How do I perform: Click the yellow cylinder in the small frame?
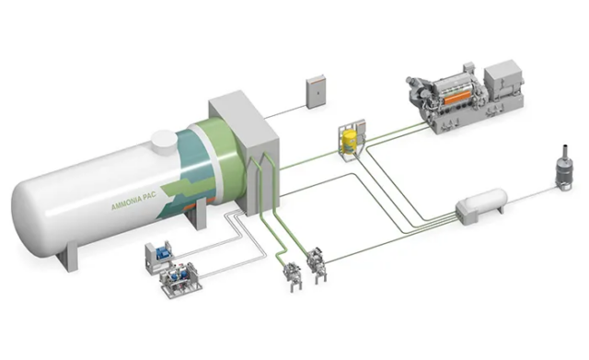349,141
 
